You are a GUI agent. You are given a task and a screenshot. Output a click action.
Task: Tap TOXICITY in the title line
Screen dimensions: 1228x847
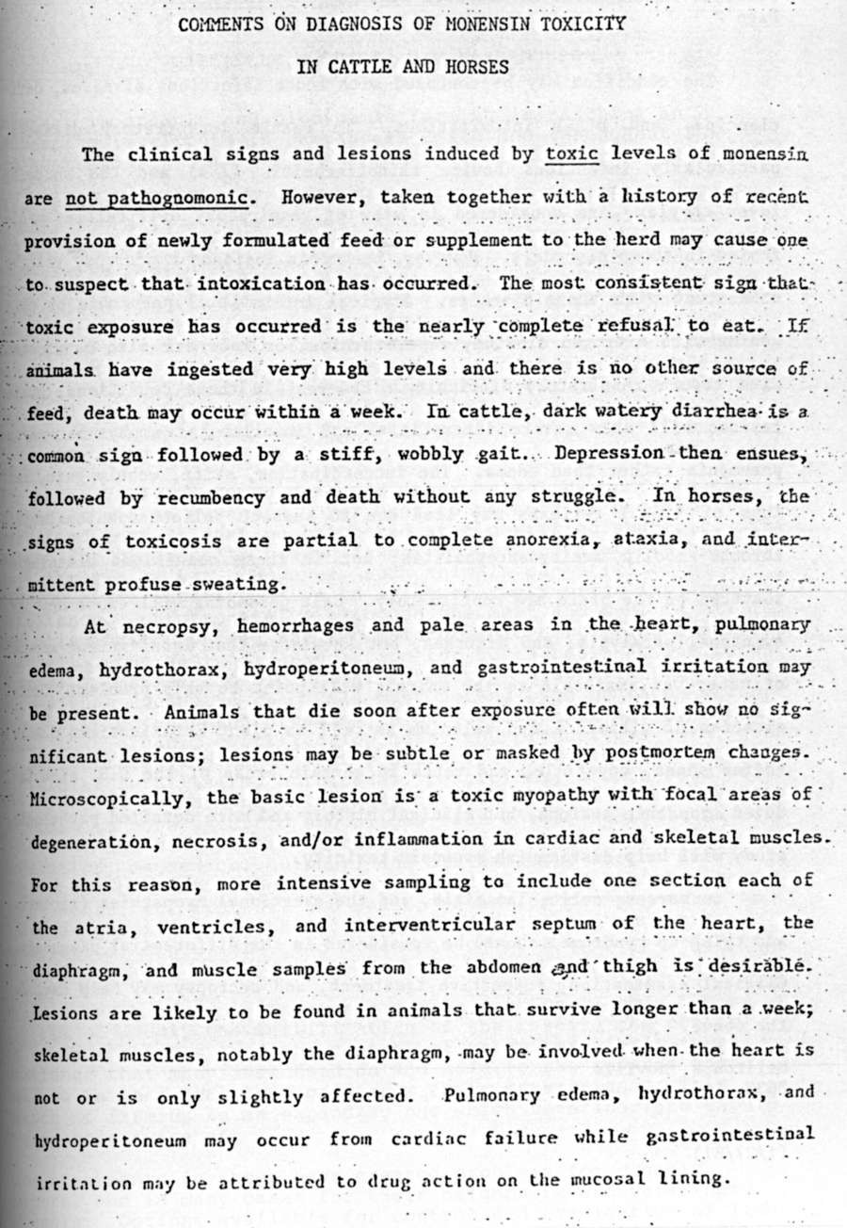point(583,24)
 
